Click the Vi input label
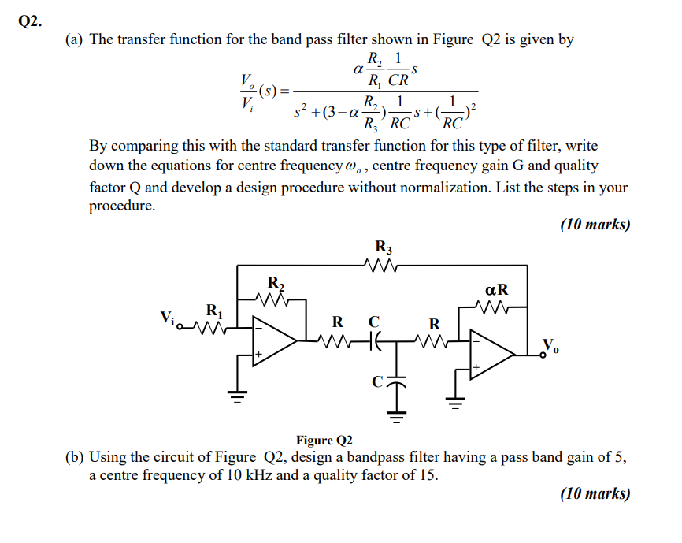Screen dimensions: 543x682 (x=168, y=318)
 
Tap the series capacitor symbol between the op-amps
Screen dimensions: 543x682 (x=375, y=341)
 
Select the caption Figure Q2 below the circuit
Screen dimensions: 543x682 (x=324, y=440)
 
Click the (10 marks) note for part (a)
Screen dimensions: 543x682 (x=595, y=225)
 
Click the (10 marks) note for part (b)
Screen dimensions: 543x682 (x=595, y=494)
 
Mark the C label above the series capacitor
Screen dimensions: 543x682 (x=374, y=322)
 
